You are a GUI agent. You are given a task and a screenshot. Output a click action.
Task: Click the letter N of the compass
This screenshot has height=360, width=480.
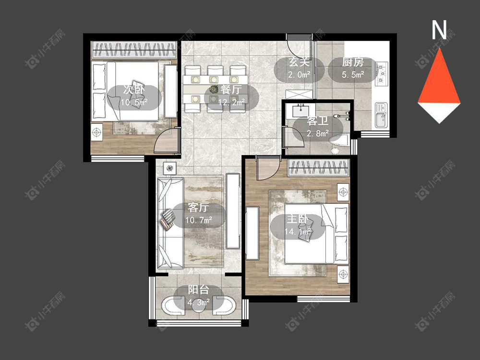pos(439,30)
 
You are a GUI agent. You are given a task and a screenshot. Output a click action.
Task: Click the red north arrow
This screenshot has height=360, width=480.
pos(439,76)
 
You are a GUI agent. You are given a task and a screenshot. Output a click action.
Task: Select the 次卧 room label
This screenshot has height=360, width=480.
pos(134,89)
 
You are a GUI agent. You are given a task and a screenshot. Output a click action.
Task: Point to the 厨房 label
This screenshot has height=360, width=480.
pos(353,62)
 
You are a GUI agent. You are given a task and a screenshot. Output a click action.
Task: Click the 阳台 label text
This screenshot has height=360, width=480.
pos(198,289)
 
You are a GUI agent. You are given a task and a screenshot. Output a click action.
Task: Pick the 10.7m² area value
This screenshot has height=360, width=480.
pos(199,220)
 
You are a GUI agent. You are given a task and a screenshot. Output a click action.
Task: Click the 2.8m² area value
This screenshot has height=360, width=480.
pos(318,133)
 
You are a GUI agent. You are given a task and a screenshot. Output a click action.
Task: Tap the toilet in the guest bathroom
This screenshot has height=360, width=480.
pos(338,142)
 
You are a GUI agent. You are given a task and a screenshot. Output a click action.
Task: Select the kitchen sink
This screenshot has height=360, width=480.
pos(381,115)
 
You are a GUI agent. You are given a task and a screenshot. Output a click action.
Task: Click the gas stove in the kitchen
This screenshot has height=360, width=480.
pos(382,73)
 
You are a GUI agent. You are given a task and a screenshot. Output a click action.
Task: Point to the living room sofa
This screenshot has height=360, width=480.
pos(170,223)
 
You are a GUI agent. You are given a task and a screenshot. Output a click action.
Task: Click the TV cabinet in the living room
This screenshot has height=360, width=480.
pos(233,211)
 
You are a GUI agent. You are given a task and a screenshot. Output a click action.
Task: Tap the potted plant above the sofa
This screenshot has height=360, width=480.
pos(170,168)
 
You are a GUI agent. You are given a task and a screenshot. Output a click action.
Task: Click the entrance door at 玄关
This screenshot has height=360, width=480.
pos(299,47)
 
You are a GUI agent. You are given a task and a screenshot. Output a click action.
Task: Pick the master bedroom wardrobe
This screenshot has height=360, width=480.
pos(318,168)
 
